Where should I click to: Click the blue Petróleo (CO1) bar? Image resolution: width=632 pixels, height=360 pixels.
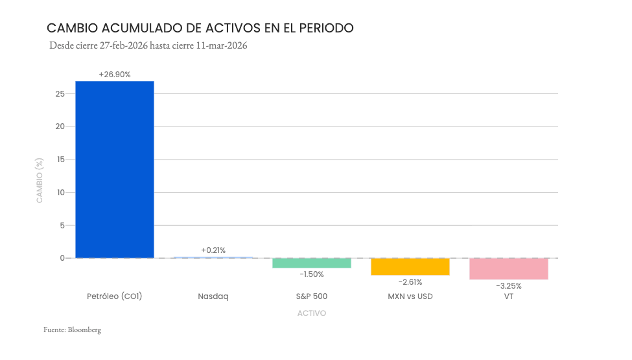[x=115, y=169]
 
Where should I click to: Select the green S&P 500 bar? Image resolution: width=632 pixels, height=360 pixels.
[x=312, y=263]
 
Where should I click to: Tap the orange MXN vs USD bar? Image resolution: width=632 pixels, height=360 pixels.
[x=410, y=267]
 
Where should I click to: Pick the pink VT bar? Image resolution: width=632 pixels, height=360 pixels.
[x=509, y=269]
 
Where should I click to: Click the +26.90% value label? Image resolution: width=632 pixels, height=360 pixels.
[x=115, y=75]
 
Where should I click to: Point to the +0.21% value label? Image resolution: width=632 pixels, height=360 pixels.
[x=213, y=250]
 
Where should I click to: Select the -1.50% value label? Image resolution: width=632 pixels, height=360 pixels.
[x=312, y=274]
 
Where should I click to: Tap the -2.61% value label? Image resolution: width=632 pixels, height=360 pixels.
[x=410, y=282]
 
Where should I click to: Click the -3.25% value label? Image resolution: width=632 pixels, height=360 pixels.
[x=509, y=286]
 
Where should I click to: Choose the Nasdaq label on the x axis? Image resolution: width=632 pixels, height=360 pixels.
[x=213, y=296]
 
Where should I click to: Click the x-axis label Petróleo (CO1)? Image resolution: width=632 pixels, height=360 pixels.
[x=115, y=296]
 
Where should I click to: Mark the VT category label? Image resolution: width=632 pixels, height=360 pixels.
[x=509, y=296]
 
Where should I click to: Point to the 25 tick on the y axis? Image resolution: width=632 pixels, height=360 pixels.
[x=60, y=94]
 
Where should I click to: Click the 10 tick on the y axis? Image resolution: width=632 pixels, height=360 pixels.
[x=60, y=193]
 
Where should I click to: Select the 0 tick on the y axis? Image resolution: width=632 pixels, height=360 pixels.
[x=62, y=258]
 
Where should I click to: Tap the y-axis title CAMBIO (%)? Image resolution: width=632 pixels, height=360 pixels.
[x=40, y=180]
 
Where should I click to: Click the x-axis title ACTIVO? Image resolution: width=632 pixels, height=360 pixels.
[x=312, y=313]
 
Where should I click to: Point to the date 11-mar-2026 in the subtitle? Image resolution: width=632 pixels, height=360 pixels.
[x=222, y=46]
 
